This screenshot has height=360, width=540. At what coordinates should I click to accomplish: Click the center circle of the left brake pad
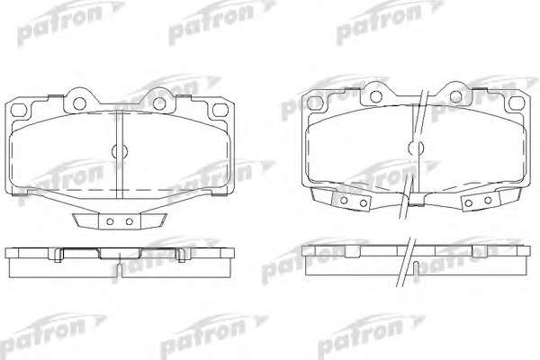pyautogui.click(x=120, y=151)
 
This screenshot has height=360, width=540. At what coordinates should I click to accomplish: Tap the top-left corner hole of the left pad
pyautogui.click(x=19, y=110)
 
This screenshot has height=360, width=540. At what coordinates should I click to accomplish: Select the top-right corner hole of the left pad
pyautogui.click(x=220, y=110)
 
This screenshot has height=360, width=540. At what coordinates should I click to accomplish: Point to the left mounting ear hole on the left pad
pyautogui.click(x=79, y=103)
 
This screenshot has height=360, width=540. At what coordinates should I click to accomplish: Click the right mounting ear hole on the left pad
pyautogui.click(x=159, y=103)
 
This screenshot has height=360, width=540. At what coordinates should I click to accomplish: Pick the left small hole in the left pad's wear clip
pyautogui.click(x=110, y=221)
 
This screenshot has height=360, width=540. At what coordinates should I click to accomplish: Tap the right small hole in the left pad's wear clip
pyautogui.click(x=129, y=221)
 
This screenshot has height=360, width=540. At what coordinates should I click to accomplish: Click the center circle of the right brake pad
pyautogui.click(x=416, y=148)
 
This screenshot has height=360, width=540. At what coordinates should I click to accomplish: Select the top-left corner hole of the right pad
pyautogui.click(x=314, y=103)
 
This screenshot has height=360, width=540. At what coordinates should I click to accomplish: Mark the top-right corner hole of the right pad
pyautogui.click(x=517, y=103)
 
